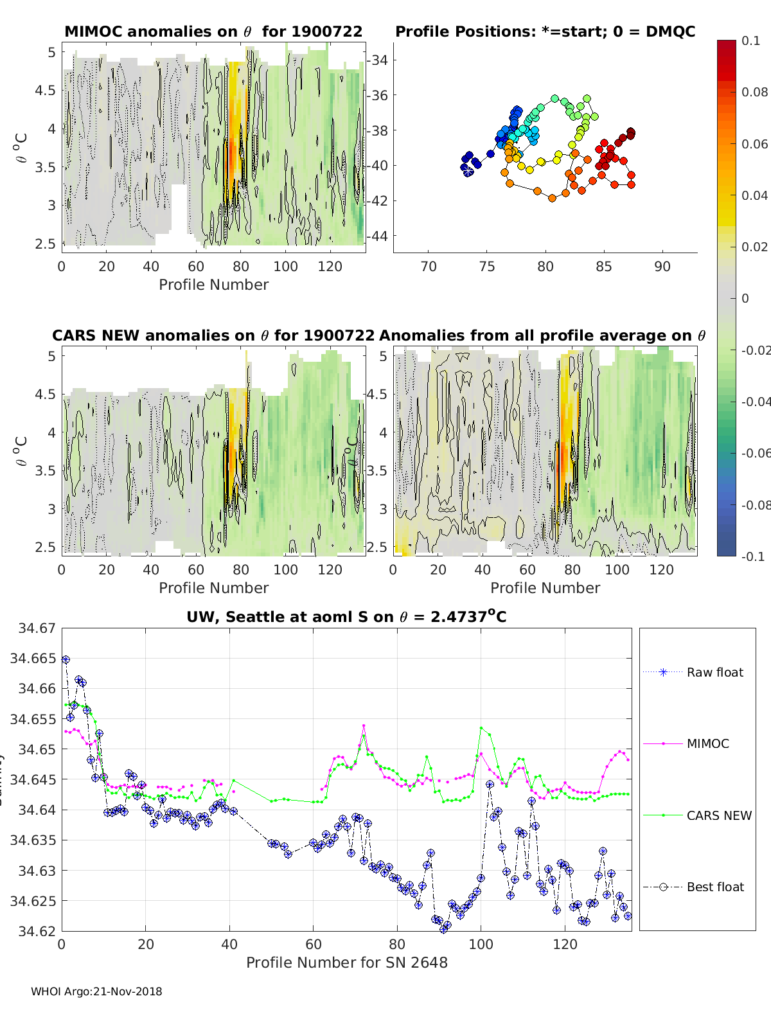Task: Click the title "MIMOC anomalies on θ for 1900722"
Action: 213,31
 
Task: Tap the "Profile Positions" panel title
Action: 545,31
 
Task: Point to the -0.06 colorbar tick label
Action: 755,453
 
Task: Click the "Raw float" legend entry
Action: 714,672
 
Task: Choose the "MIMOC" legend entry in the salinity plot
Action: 707,743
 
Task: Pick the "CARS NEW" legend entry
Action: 719,815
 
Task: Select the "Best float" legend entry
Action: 715,887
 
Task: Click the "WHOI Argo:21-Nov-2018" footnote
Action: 96,991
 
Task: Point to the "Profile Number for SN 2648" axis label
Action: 346,963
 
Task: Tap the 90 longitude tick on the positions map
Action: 662,267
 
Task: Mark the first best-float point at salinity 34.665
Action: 66,659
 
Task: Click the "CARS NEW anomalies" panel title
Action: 213,335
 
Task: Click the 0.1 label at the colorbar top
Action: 750,40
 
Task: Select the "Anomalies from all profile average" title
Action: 542,335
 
